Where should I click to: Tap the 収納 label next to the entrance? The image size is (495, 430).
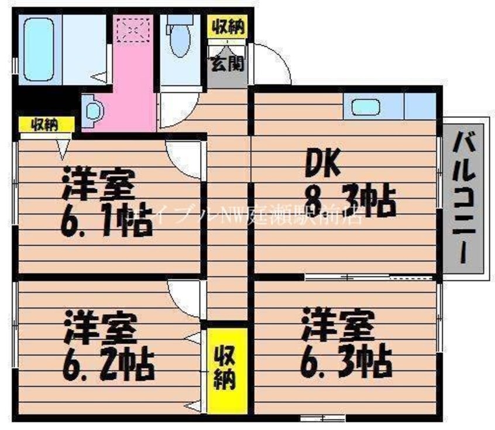(x=228, y=26)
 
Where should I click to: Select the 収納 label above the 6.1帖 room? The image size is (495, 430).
(x=46, y=124)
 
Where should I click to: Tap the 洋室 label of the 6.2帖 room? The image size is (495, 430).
(x=101, y=327)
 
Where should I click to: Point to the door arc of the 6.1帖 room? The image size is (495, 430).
(x=184, y=155)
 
